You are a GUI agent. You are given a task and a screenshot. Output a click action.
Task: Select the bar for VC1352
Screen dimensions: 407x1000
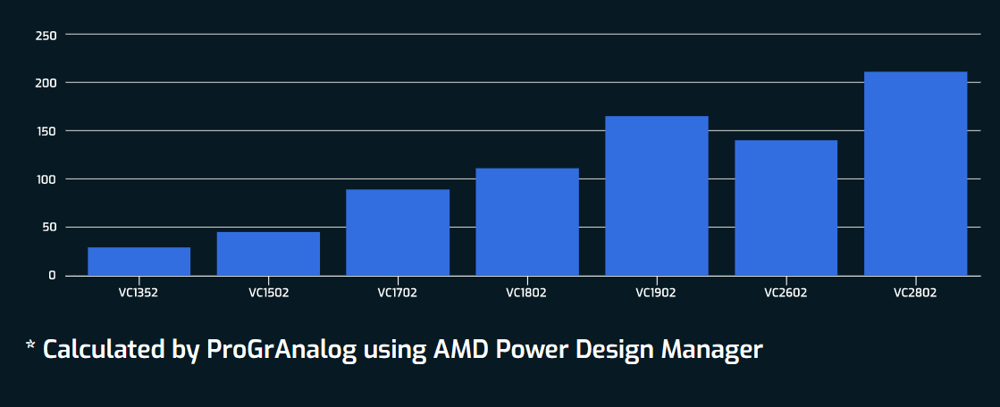139,261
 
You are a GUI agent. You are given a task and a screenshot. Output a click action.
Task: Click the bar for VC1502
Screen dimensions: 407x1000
268,253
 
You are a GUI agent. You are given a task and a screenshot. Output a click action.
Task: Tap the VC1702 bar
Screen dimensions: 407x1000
398,232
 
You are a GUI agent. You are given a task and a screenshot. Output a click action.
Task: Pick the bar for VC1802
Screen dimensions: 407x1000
527,221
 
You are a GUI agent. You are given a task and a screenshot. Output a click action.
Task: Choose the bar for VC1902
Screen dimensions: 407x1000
657,195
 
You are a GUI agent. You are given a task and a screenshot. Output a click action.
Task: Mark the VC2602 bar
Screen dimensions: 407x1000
786,207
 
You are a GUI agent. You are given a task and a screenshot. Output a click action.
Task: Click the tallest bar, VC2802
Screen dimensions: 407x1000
916,173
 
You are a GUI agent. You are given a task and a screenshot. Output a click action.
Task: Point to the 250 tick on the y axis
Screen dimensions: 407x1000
46,35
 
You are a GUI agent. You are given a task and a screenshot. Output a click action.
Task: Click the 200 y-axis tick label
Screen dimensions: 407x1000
46,83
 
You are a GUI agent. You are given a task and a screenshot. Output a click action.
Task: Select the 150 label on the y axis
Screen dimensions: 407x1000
46,131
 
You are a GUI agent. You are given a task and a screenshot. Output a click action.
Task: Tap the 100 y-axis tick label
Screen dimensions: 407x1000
46,179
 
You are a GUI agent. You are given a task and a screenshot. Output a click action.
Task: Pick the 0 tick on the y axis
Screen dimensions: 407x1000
53,275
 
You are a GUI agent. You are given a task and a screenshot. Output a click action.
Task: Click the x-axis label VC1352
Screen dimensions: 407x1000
139,292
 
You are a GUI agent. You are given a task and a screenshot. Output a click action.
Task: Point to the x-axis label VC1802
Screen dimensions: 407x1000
526,292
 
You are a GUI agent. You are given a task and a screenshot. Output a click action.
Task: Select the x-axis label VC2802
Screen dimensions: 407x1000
915,292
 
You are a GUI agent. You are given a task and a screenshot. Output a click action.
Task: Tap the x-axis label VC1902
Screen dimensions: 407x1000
656,292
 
